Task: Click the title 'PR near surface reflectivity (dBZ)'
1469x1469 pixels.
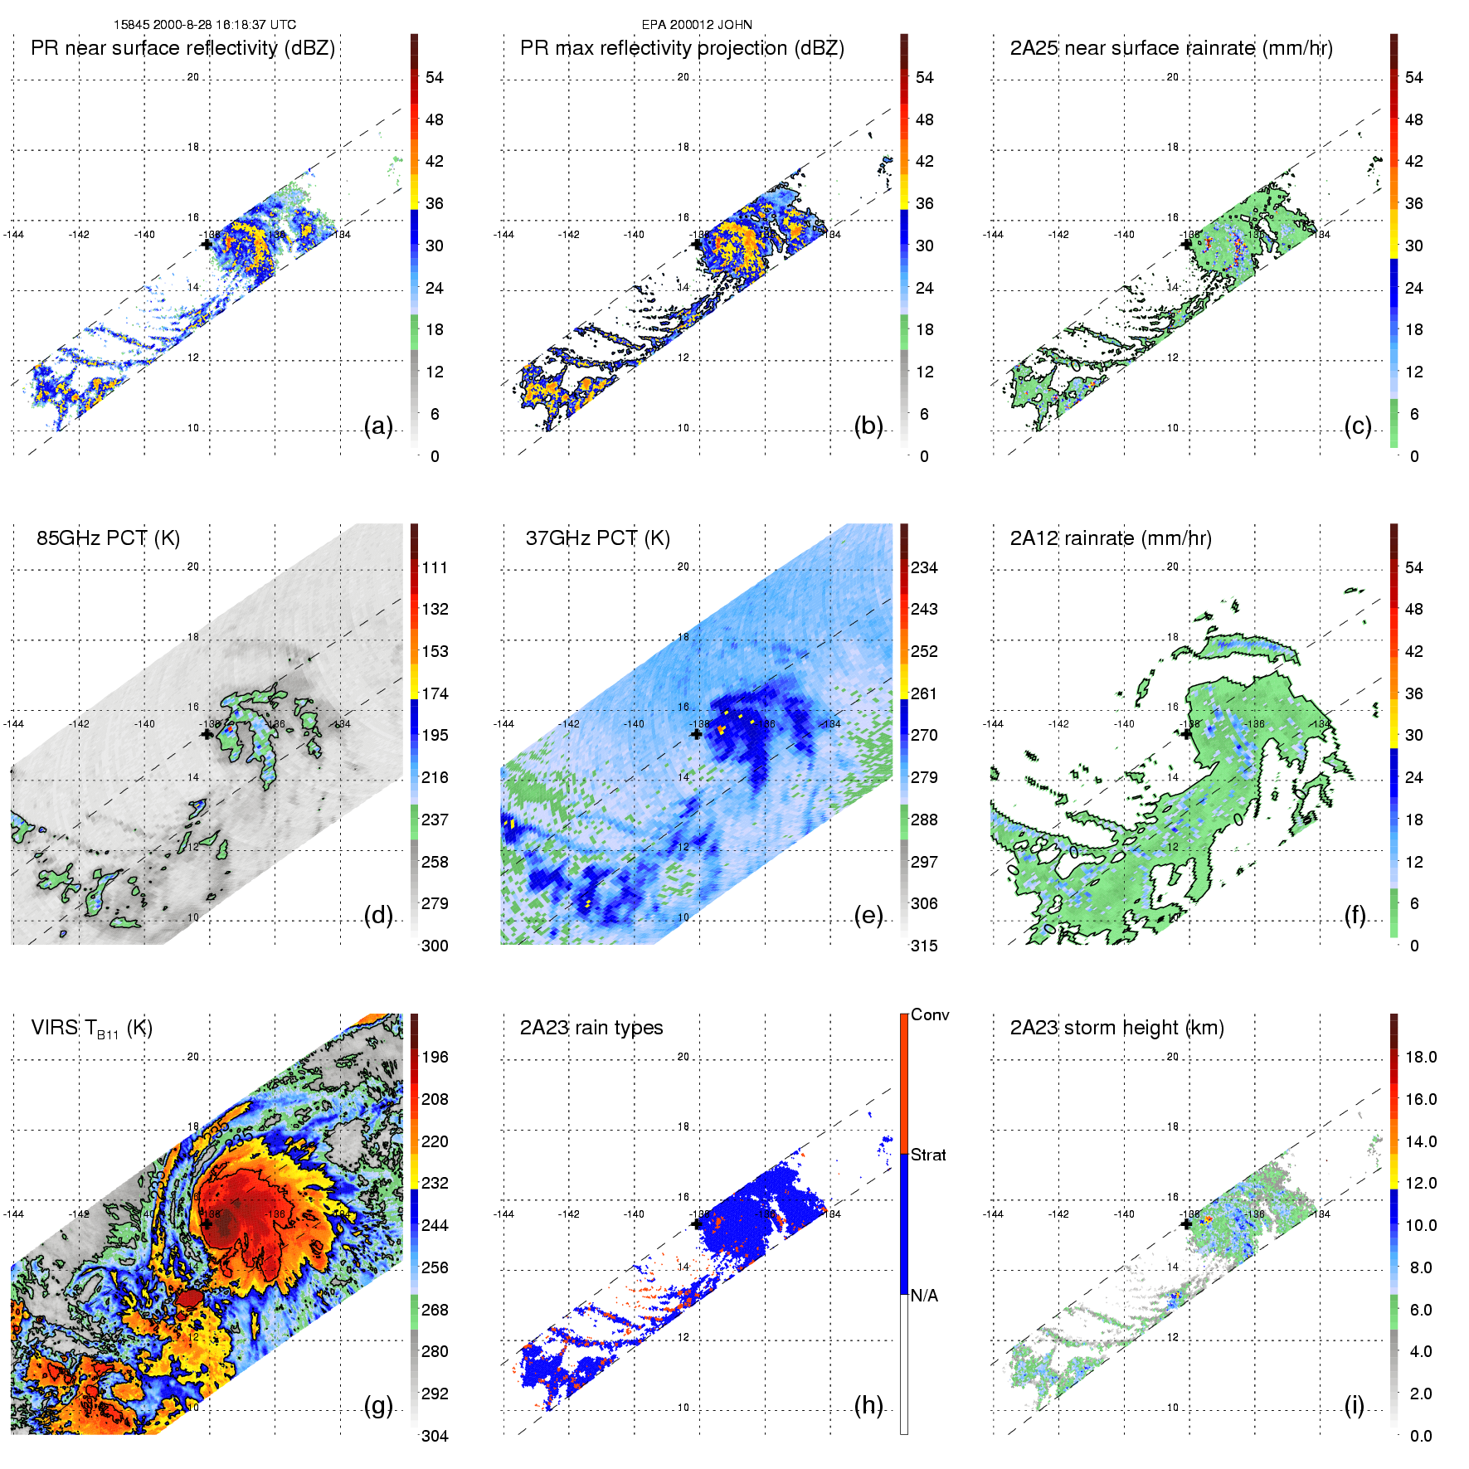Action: pyautogui.click(x=182, y=48)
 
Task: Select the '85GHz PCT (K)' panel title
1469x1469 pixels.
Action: pyautogui.click(x=108, y=538)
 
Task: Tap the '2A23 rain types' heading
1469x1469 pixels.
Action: pyautogui.click(x=591, y=1028)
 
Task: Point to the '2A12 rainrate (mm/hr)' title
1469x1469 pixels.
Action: pyautogui.click(x=1110, y=538)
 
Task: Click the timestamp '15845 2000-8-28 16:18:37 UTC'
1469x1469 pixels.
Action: pyautogui.click(x=205, y=25)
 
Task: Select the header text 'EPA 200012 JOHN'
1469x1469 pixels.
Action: pyautogui.click(x=697, y=25)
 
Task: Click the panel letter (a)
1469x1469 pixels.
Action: pyautogui.click(x=378, y=426)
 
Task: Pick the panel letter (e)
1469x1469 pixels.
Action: pyautogui.click(x=868, y=916)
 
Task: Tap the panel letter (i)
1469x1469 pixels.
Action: pyautogui.click(x=1354, y=1405)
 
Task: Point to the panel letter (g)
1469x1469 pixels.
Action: pyautogui.click(x=378, y=1405)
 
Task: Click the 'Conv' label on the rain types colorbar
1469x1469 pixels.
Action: pyautogui.click(x=930, y=1014)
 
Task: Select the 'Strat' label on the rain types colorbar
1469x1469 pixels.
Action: pyautogui.click(x=928, y=1155)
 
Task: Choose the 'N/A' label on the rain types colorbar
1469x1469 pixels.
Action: pyautogui.click(x=924, y=1296)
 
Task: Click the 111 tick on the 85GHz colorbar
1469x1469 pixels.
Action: pyautogui.click(x=435, y=567)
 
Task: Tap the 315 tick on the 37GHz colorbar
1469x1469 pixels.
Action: pyautogui.click(x=924, y=946)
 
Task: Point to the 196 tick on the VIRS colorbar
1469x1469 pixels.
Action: pyautogui.click(x=435, y=1057)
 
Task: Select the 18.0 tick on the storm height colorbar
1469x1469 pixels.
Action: pyautogui.click(x=1421, y=1057)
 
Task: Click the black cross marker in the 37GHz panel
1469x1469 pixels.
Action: pyautogui.click(x=697, y=734)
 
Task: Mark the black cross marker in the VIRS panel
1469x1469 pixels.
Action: pyautogui.click(x=207, y=1223)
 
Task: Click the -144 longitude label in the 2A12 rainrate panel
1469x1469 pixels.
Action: pyautogui.click(x=993, y=724)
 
